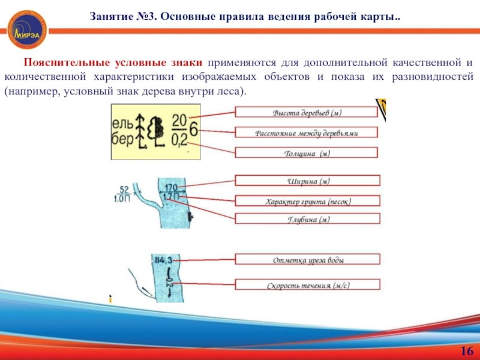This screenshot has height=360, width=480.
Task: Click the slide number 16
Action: [x=466, y=351]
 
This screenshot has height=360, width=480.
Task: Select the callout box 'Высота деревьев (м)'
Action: [x=307, y=112]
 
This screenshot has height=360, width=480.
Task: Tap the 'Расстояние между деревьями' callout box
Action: [x=307, y=133]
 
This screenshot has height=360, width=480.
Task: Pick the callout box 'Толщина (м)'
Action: [x=307, y=153]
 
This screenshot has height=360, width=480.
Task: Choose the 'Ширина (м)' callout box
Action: [x=307, y=181]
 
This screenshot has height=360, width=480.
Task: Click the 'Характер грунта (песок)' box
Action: [x=307, y=201]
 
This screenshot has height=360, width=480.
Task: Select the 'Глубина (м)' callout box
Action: [x=307, y=219]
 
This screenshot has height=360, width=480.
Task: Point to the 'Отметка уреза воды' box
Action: [x=307, y=260]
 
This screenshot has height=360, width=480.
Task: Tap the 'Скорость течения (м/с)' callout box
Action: [x=307, y=285]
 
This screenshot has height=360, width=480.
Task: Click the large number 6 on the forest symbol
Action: [x=194, y=130]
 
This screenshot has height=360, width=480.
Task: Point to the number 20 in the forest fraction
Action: [x=179, y=121]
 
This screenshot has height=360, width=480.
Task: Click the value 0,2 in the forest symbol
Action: [x=179, y=139]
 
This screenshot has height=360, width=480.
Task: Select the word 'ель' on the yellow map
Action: [x=122, y=124]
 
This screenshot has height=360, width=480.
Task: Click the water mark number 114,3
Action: [x=163, y=260]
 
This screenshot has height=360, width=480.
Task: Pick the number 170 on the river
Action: [x=171, y=187]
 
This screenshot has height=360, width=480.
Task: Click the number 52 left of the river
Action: [x=124, y=189]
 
